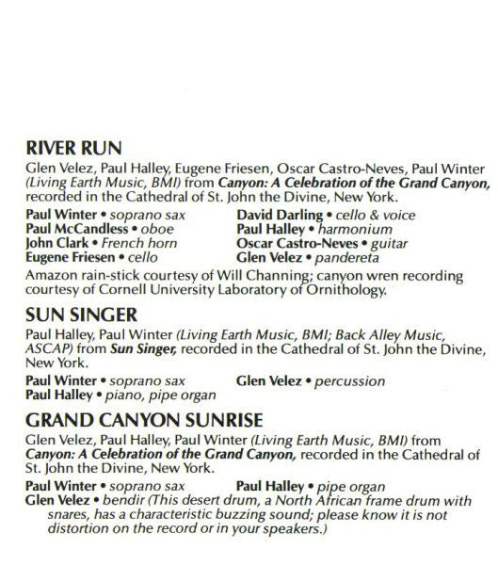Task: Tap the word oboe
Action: click(156, 229)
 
